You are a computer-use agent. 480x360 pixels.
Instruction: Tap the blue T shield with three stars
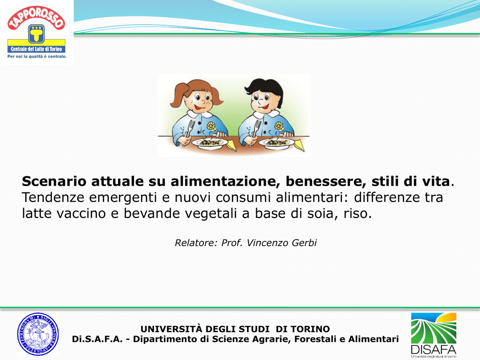(37, 34)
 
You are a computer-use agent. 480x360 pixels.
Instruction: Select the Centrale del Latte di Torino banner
(37, 49)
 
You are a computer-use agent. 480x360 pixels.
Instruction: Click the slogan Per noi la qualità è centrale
(37, 57)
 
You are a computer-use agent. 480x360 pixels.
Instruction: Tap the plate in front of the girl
(210, 143)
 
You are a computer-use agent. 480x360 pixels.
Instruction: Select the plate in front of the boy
(277, 143)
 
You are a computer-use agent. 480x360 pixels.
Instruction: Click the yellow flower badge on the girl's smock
(211, 126)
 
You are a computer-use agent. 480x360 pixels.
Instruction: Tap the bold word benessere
(326, 181)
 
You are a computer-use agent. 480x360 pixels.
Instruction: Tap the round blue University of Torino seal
(38, 334)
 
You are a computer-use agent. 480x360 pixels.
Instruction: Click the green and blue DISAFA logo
(434, 335)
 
